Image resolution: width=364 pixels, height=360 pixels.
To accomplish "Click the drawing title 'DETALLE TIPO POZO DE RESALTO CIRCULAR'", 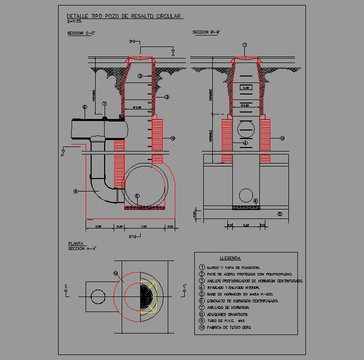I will (124, 16).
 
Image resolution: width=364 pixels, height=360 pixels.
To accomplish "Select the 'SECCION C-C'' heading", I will (81, 33).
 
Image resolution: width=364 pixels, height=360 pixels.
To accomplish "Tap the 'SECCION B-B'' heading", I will (206, 33).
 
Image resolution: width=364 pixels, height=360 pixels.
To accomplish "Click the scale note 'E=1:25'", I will (75, 22).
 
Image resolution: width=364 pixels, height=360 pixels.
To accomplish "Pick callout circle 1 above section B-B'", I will (245, 45).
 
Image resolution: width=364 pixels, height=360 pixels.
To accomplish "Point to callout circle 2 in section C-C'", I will (141, 76).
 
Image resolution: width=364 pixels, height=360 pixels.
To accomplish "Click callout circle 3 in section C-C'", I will (167, 97).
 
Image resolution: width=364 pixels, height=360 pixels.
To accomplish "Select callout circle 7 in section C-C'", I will (105, 104).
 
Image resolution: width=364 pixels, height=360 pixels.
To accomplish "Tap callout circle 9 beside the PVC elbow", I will (76, 190).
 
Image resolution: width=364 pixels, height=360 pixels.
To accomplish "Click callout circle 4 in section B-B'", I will (245, 143).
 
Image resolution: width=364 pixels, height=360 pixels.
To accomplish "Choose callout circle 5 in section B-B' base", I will (280, 214).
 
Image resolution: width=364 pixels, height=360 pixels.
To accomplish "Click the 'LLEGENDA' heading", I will (230, 258).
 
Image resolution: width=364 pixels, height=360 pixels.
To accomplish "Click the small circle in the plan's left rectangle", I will (98, 296).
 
